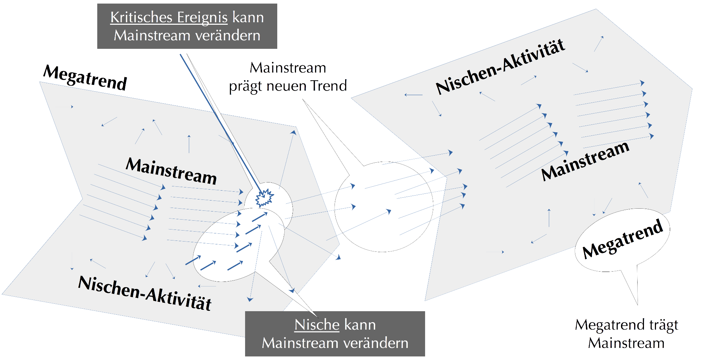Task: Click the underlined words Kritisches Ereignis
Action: (x=169, y=18)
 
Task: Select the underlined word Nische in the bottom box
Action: (x=317, y=325)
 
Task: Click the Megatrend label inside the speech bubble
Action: (x=622, y=239)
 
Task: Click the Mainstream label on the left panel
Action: (x=171, y=171)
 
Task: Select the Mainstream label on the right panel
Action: (x=585, y=161)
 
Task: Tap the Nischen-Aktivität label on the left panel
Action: (x=145, y=294)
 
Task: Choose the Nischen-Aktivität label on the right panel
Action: (x=500, y=67)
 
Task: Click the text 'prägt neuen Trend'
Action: (x=288, y=86)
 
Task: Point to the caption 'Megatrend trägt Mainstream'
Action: (x=626, y=334)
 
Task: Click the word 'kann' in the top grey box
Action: (x=248, y=18)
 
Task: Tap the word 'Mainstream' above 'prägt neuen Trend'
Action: (x=288, y=68)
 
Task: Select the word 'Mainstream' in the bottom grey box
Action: (x=300, y=343)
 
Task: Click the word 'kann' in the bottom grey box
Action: (x=360, y=325)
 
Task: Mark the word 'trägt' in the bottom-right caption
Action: (x=664, y=325)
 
